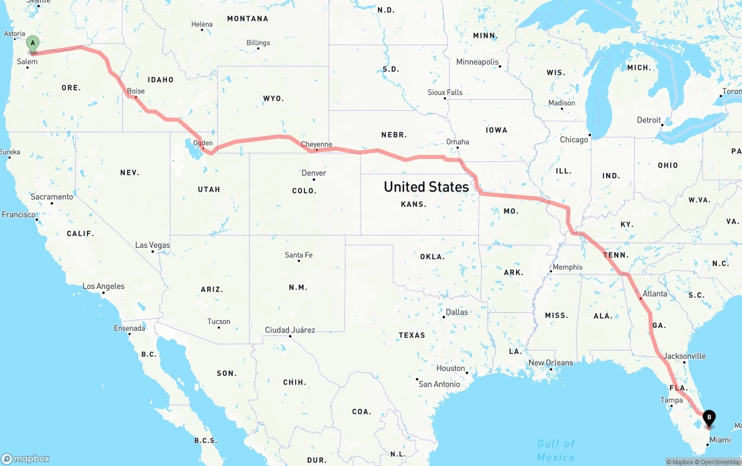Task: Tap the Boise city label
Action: click(136, 91)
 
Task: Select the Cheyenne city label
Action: click(317, 145)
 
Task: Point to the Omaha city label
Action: click(457, 142)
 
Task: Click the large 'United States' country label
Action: click(426, 187)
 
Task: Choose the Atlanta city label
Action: click(655, 294)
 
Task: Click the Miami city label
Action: click(721, 440)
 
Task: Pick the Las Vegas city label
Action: click(152, 245)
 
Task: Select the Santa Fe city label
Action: click(299, 255)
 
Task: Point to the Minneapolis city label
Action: click(477, 62)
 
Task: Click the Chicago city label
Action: click(574, 139)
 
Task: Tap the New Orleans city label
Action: click(550, 363)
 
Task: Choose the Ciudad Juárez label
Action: click(290, 330)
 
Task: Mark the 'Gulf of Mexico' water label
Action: click(555, 450)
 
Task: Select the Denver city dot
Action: click(314, 179)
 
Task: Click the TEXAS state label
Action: click(412, 335)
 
